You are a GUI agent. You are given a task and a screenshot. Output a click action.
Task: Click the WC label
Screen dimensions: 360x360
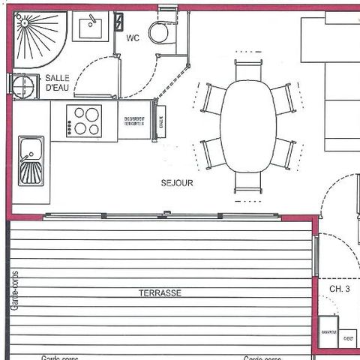click(x=133, y=37)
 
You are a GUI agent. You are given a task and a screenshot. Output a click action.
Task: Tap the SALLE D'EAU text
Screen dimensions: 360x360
click(x=58, y=82)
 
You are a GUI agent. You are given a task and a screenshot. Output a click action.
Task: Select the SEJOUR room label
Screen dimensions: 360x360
click(x=177, y=182)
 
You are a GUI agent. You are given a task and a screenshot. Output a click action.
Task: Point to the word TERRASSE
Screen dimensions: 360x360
click(x=160, y=292)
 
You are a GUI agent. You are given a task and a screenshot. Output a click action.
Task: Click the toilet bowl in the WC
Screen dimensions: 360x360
click(x=160, y=33)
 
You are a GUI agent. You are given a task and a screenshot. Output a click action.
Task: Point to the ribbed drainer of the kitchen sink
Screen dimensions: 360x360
click(x=31, y=173)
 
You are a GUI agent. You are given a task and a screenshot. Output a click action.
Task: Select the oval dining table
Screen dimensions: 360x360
click(x=247, y=126)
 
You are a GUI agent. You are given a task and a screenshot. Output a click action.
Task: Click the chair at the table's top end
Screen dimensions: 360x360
click(x=247, y=70)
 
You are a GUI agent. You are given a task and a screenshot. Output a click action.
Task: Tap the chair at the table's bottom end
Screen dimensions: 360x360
click(x=248, y=183)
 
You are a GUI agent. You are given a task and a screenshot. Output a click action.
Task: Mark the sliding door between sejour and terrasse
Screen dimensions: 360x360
click(x=161, y=216)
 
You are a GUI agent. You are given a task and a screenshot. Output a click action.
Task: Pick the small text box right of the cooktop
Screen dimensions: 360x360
click(x=135, y=121)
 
